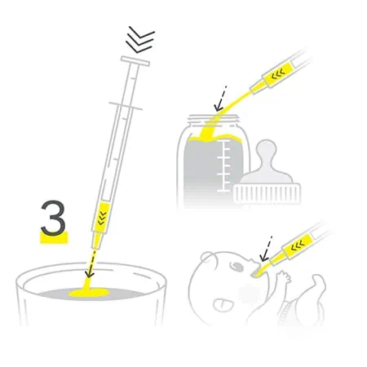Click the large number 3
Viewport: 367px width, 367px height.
[54, 219]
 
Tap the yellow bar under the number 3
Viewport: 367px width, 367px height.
[54, 238]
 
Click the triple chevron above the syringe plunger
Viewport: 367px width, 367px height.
[140, 40]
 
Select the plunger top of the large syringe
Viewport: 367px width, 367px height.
[135, 61]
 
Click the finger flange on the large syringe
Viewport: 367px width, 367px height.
[126, 106]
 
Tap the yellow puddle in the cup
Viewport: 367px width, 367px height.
[89, 293]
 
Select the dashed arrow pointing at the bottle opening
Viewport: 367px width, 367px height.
[220, 99]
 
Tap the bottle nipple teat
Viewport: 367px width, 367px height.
[267, 162]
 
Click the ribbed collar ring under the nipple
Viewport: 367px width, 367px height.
[267, 193]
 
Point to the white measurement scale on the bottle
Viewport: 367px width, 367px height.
[224, 166]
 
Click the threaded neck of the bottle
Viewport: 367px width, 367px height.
[214, 120]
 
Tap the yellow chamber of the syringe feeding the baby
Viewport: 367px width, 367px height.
[298, 245]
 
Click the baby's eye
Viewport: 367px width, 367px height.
[236, 267]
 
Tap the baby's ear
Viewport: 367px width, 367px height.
[207, 257]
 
